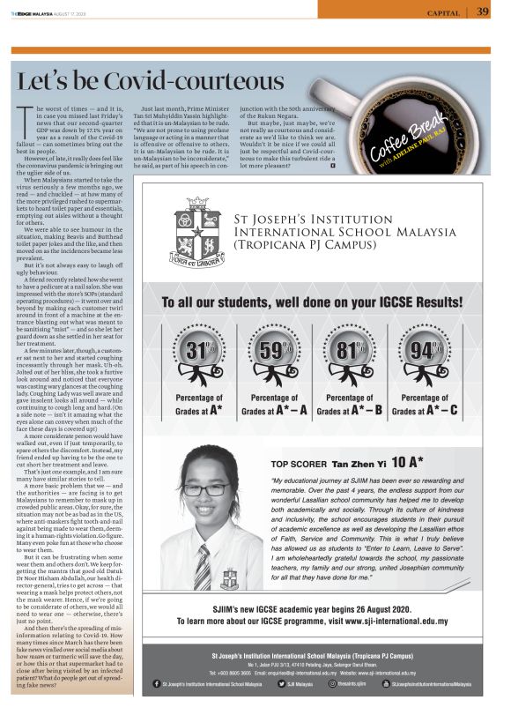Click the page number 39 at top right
click(483, 11)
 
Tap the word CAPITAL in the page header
click(443, 12)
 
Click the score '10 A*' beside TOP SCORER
click(408, 462)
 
